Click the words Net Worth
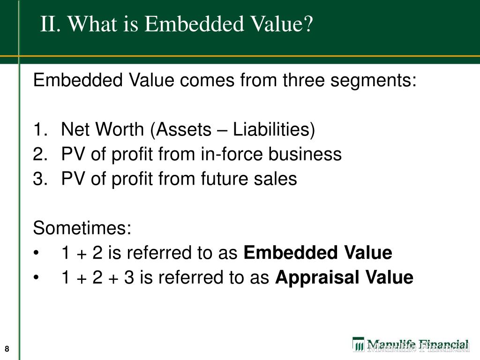click(103, 130)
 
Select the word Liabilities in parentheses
click(274, 130)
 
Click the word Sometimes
click(82, 229)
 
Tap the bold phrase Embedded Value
click(318, 253)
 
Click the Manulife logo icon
click(358, 345)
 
